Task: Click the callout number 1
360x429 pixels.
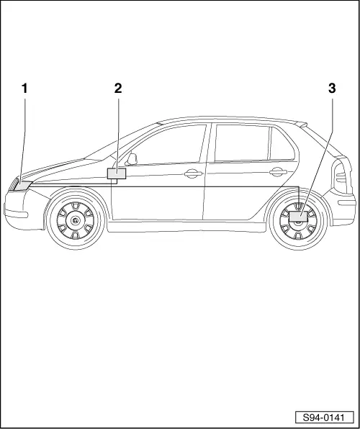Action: [x=24, y=89]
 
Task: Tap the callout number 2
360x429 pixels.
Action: [x=118, y=89]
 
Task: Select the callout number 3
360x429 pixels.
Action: [x=332, y=89]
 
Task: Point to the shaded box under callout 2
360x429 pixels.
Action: [x=116, y=173]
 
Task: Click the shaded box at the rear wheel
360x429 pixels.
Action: [x=298, y=214]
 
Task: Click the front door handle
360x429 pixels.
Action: [x=192, y=173]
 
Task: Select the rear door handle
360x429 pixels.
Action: [x=276, y=171]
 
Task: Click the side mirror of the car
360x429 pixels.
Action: [x=132, y=158]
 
